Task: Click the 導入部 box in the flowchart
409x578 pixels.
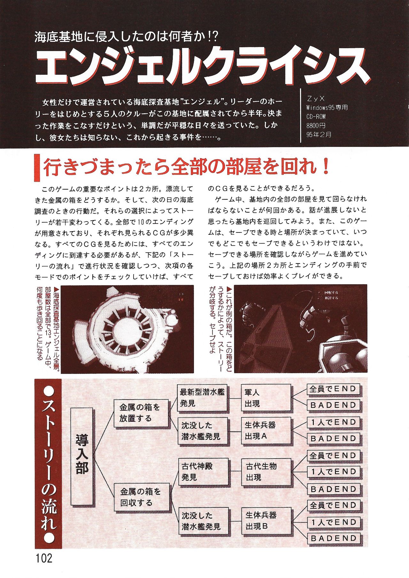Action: [x=82, y=456]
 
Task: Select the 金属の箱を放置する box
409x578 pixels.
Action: [x=141, y=413]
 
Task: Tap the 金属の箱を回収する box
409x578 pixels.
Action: [x=142, y=497]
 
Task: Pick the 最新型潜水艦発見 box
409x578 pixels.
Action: [x=202, y=398]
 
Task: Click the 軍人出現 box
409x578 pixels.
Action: [x=266, y=398]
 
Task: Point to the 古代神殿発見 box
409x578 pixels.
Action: [x=203, y=472]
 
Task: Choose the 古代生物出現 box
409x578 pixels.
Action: [x=266, y=472]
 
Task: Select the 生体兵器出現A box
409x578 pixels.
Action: [x=266, y=430]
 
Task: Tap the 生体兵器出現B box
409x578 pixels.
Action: [x=266, y=520]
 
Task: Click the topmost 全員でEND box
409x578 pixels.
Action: [x=333, y=389]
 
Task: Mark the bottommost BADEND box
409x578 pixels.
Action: [x=333, y=538]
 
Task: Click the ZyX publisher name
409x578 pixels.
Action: [x=315, y=99]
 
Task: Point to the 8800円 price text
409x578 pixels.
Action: [x=316, y=125]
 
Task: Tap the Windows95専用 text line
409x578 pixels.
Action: [x=327, y=108]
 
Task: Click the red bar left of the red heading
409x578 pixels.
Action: [x=37, y=167]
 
